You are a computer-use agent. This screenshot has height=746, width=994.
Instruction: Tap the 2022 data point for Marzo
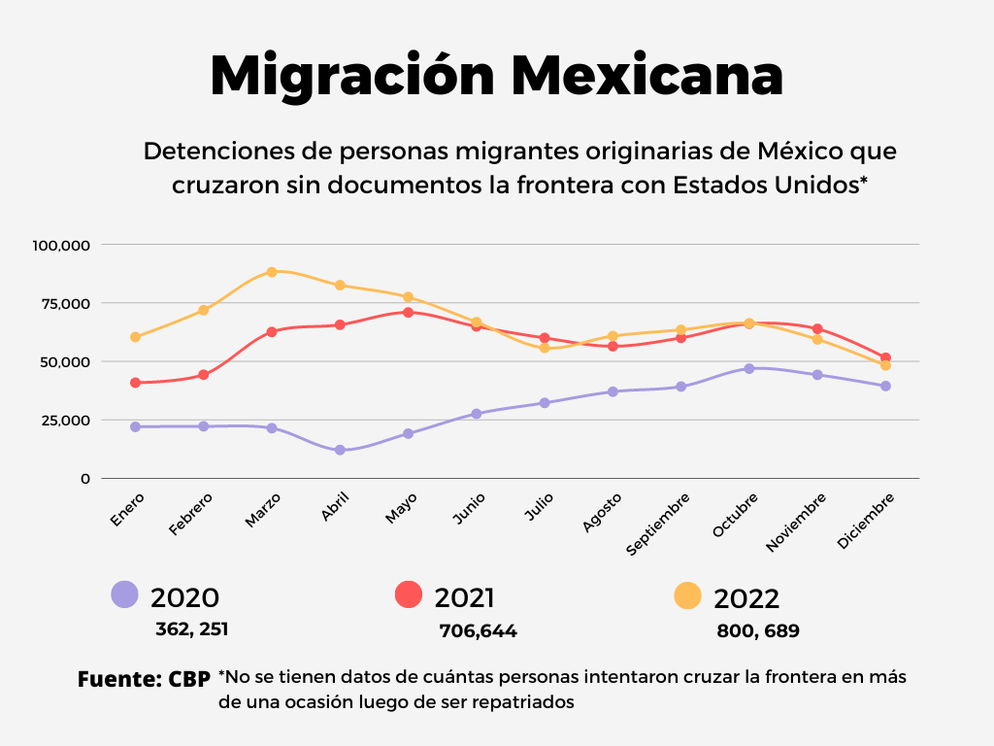point(272,272)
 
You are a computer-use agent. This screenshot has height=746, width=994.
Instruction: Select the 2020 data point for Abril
point(340,450)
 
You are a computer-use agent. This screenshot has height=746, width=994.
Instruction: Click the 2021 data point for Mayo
point(409,313)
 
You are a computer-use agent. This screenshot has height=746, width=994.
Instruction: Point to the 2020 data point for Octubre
point(749,368)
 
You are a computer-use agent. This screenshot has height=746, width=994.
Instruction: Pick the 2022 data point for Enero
point(136,337)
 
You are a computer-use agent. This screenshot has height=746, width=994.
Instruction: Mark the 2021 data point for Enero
point(136,383)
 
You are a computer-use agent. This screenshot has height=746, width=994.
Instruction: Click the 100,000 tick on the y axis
point(61,245)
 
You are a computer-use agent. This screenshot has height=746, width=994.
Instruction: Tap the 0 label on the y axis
point(85,478)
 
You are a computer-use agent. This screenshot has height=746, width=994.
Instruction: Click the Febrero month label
point(191,514)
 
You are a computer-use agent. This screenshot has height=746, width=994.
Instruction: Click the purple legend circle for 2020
point(125,594)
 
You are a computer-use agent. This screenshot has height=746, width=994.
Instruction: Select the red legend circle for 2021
point(409,594)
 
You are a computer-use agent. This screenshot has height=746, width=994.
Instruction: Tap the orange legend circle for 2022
point(688,595)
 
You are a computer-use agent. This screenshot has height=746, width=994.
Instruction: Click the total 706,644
point(478,631)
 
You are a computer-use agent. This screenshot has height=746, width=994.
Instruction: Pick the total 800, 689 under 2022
point(758,631)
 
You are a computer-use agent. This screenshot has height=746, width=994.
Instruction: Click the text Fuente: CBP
point(144,680)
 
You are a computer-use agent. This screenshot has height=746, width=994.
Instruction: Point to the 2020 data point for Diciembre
point(885,386)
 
